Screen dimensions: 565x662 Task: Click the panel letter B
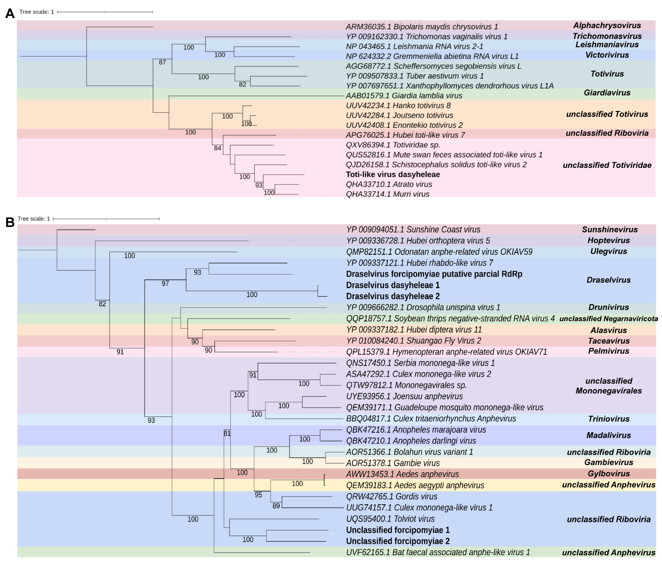click(10, 222)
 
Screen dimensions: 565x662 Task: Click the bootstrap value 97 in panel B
click(165, 283)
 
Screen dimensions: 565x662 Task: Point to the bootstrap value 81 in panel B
click(227, 434)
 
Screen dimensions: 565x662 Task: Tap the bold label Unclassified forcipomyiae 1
click(398, 530)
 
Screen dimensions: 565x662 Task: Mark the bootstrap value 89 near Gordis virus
click(276, 506)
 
